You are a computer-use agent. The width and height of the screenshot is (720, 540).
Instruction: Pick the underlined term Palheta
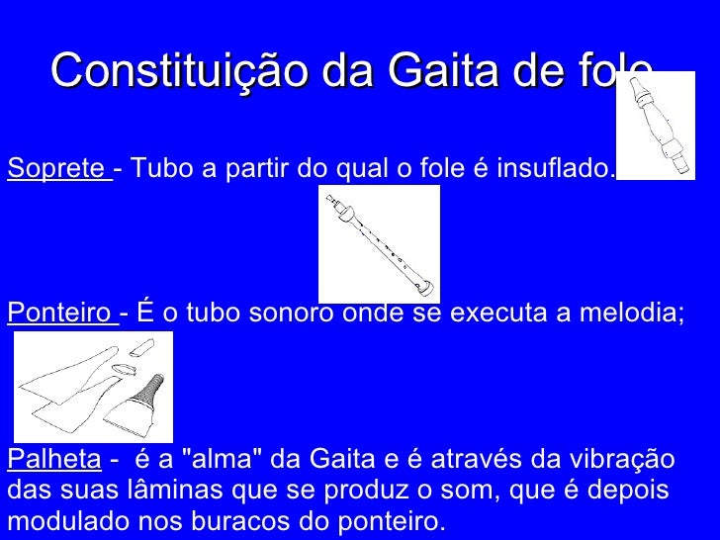point(53,460)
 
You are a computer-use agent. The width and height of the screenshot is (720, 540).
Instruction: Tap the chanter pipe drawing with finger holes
point(379,243)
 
